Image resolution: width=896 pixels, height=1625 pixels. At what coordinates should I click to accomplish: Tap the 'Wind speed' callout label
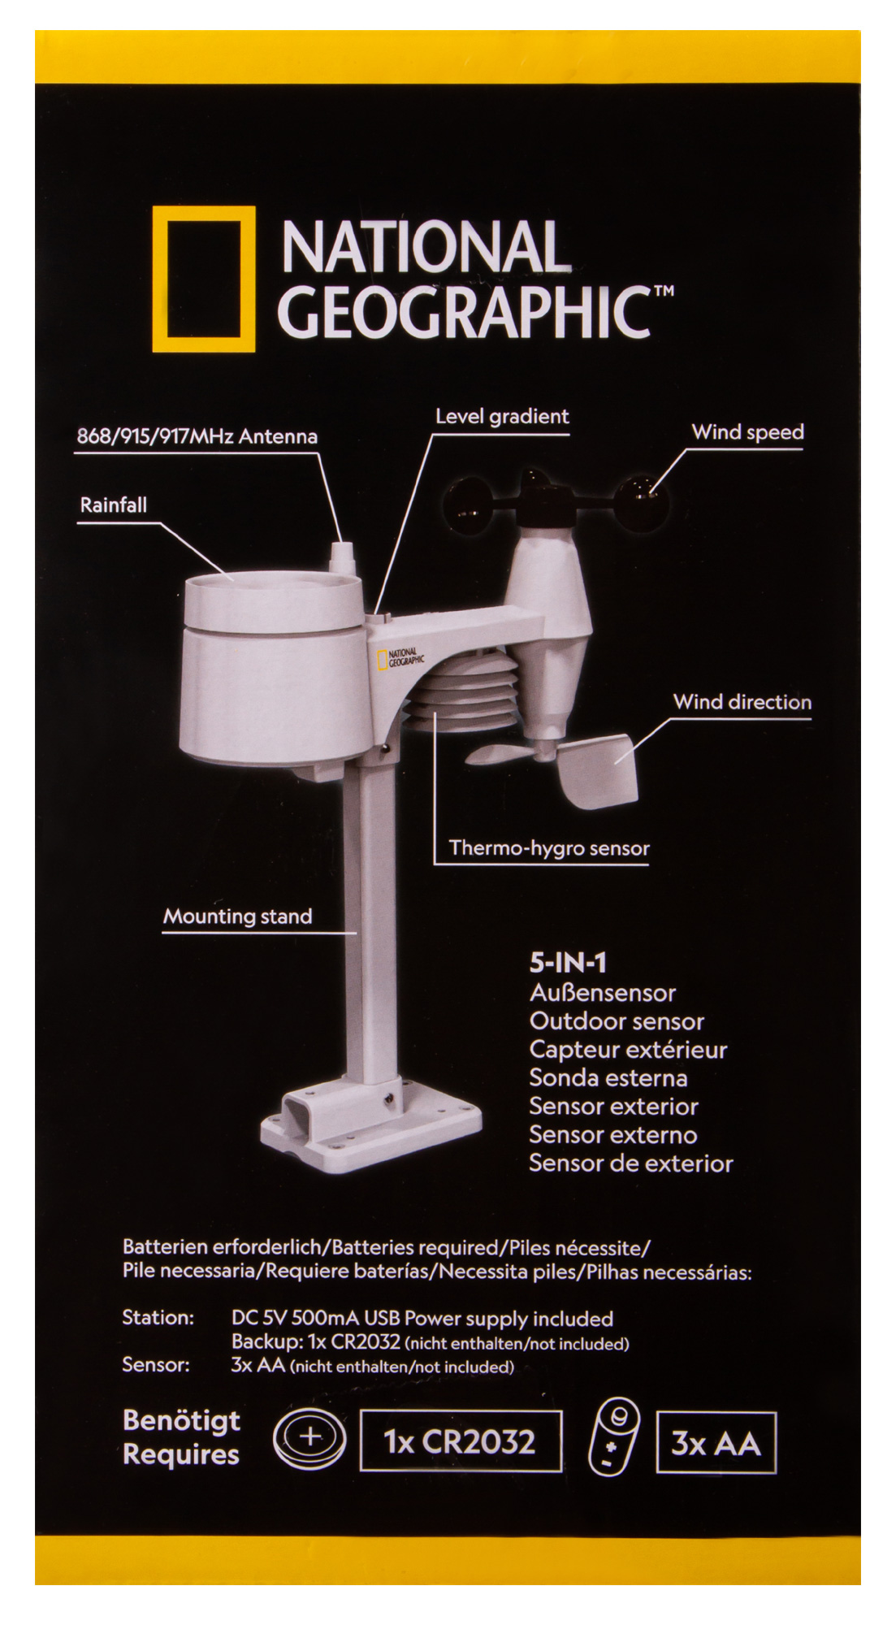point(747,432)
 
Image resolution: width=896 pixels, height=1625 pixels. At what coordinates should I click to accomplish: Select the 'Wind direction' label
point(742,702)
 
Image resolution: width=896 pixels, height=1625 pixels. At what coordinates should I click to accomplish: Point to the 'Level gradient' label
point(502,417)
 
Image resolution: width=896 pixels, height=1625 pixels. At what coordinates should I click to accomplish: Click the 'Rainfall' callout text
point(114,505)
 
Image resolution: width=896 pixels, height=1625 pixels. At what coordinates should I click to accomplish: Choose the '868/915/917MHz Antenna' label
point(197,436)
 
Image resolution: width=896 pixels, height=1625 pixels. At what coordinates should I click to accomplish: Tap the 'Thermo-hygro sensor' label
point(549,848)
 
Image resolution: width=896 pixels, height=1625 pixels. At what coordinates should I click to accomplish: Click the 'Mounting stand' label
point(238,916)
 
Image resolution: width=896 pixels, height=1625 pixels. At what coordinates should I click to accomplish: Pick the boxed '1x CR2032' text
point(461,1441)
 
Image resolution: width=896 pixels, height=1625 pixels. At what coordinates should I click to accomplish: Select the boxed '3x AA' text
point(716,1443)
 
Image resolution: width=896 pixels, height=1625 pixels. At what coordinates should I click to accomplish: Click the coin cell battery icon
point(309,1439)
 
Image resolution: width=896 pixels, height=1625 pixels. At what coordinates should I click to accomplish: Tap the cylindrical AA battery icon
point(613,1436)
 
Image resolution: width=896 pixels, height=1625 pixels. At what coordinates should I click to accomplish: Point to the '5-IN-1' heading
point(568,963)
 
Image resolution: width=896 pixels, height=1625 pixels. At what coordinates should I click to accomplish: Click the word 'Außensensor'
point(603,993)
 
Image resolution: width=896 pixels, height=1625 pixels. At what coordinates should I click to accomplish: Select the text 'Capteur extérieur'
point(628,1050)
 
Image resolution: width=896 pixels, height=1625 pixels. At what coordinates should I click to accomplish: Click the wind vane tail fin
point(597,771)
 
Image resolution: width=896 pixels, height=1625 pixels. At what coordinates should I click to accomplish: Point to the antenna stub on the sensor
point(342,559)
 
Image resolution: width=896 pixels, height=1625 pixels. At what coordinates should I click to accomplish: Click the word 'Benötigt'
point(181,1420)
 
